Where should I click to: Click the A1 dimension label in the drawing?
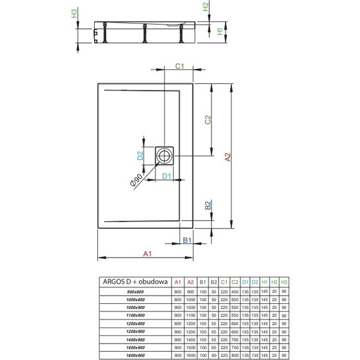click(x=147, y=255)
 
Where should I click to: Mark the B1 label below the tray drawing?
click(x=187, y=240)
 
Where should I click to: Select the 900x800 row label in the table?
click(x=136, y=291)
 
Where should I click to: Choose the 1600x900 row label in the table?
click(x=136, y=355)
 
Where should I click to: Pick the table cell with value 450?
click(x=235, y=291)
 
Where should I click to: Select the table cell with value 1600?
click(x=190, y=355)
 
